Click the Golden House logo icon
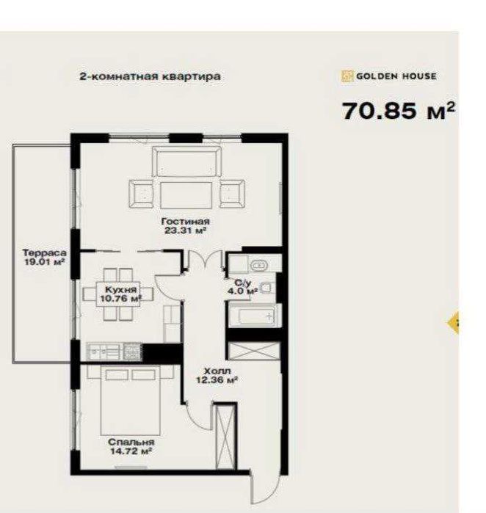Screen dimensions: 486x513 tap(347, 76)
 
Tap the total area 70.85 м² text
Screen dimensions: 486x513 tap(398, 111)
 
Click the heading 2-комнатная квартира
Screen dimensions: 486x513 tap(150, 76)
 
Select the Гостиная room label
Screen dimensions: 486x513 tap(185, 221)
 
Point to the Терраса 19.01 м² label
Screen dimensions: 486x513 tap(44, 257)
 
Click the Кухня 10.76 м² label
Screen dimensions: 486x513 tap(120, 294)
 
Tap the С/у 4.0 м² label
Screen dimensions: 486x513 tap(242, 287)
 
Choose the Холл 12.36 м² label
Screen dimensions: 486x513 tap(217, 375)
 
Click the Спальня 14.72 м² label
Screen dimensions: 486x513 tap(131, 447)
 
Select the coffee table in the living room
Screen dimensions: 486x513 tap(186, 195)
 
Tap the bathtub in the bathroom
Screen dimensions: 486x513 tap(254, 316)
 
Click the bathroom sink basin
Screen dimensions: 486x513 tap(259, 266)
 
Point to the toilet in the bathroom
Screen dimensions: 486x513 tap(266, 288)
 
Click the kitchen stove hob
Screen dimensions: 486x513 tap(132, 352)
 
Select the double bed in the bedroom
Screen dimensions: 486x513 tap(130, 399)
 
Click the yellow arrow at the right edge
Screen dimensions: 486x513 tap(453, 323)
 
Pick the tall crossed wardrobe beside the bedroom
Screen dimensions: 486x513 tap(225, 437)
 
